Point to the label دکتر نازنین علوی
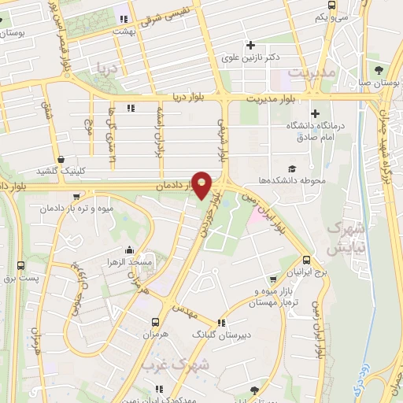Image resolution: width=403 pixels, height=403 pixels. click(x=252, y=57)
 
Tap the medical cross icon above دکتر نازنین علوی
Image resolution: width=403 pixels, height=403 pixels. click(x=251, y=44)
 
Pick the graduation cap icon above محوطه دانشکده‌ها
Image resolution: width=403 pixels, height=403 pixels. click(x=293, y=168)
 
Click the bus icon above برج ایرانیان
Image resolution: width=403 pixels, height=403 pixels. click(x=306, y=259)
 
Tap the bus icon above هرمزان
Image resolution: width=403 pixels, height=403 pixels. click(x=155, y=322)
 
